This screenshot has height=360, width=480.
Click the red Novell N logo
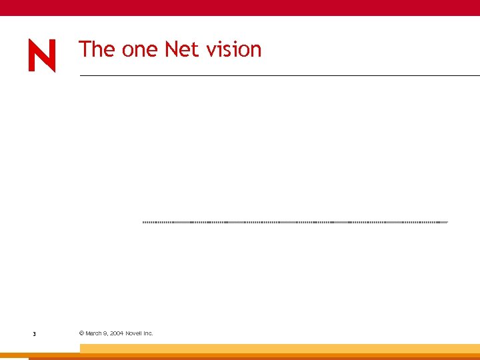pos(41,55)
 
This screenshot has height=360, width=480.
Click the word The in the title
pos(97,49)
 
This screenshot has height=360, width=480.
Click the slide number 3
pos(34,333)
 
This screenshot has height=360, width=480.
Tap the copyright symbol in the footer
pos(81,333)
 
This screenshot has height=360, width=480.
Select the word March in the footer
pos(93,333)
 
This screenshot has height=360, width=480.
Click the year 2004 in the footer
pos(116,333)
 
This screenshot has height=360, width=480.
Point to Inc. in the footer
pos(148,333)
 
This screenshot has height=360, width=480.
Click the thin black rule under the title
pos(280,76)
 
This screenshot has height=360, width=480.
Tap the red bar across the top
pos(240,7)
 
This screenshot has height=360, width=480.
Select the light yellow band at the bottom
pos(280,348)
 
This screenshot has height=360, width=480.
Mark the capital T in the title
pos(85,49)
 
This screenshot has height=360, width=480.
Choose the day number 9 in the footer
pos(105,333)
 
